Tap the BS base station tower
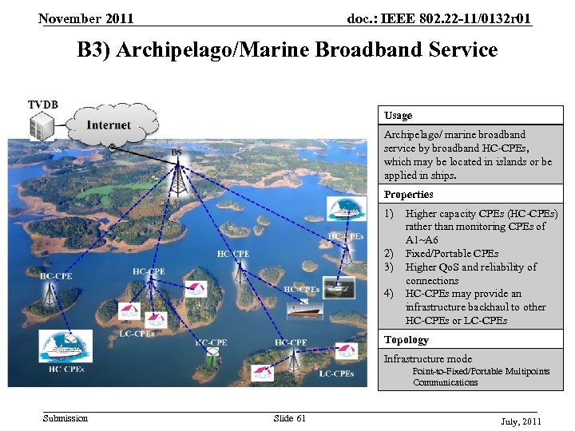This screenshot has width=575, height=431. (x=177, y=180)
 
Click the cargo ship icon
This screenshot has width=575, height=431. (x=303, y=310)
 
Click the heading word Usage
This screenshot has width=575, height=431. (x=398, y=115)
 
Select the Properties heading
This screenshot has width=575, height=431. (x=408, y=194)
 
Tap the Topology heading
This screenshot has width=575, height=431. (x=406, y=339)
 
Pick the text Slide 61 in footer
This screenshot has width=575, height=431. (x=289, y=417)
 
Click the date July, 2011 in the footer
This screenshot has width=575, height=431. (x=521, y=420)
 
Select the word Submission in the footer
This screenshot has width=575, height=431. (x=65, y=417)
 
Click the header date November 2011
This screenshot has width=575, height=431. (x=86, y=18)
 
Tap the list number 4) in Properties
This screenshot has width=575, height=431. (x=389, y=293)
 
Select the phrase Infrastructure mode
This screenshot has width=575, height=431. (x=427, y=358)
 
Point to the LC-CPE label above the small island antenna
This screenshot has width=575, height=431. (x=211, y=342)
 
